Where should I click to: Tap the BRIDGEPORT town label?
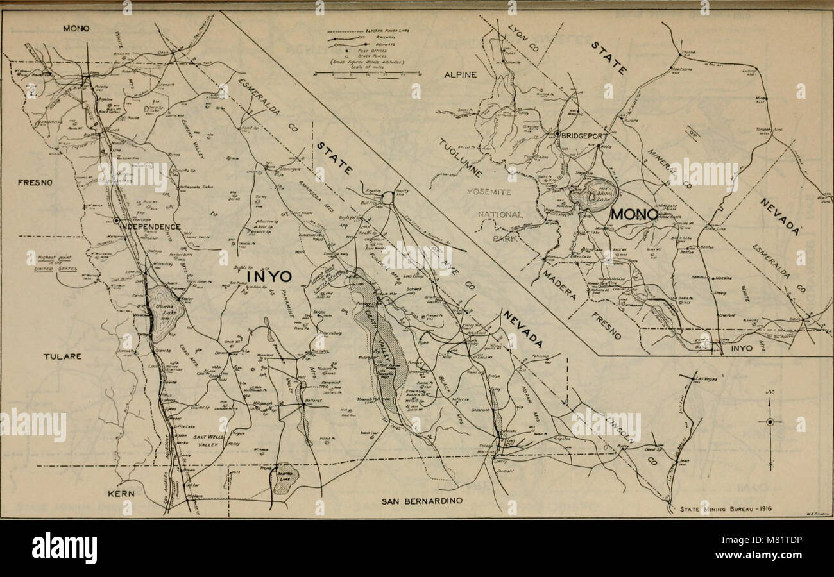pyautogui.click(x=584, y=135)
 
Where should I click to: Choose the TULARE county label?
pyautogui.click(x=63, y=356)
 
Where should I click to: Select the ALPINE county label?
pyautogui.click(x=461, y=75)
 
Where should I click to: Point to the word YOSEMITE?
pyautogui.click(x=489, y=192)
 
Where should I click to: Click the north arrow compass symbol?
pyautogui.click(x=770, y=421)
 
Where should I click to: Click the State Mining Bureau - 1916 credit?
pyautogui.click(x=726, y=510)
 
